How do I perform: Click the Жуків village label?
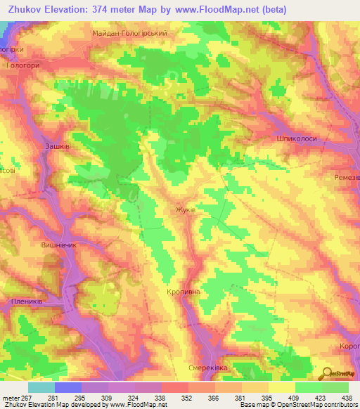pyautogui.click(x=185, y=209)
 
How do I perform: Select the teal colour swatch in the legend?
pyautogui.click(x=41, y=387)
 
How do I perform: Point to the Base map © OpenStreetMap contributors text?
pyautogui.click(x=298, y=405)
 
